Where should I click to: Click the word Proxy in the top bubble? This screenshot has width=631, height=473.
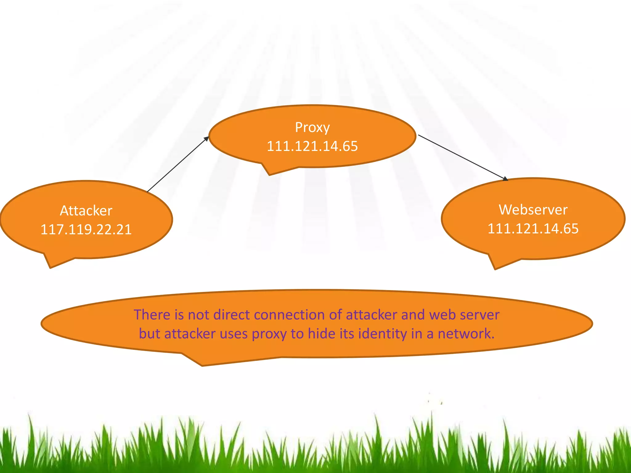[x=312, y=127]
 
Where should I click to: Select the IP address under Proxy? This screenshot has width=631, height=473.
[x=312, y=146]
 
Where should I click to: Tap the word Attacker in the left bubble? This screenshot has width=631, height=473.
[x=86, y=211]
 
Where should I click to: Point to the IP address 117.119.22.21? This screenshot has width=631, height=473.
[x=86, y=229]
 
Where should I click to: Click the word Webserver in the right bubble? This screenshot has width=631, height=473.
[x=533, y=210]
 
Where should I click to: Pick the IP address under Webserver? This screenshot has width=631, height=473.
[x=533, y=228]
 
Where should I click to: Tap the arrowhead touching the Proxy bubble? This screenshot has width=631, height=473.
[x=206, y=139]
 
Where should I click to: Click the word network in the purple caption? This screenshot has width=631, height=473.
[x=466, y=334]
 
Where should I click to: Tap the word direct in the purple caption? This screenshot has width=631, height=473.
[x=232, y=315]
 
